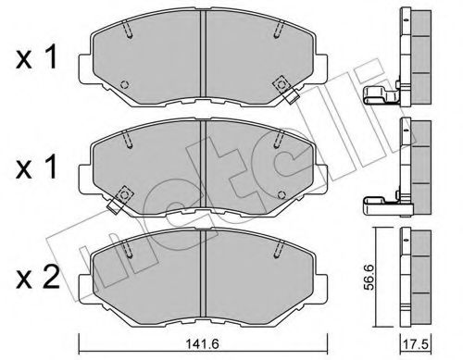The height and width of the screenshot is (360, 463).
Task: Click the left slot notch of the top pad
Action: [x=131, y=30]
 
